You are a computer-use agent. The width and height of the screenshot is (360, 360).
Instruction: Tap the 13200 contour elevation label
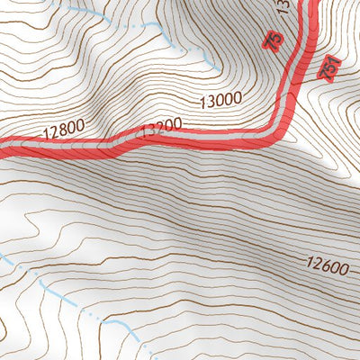tap(163, 123)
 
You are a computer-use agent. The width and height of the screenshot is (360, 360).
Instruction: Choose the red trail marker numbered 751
tap(329, 67)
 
